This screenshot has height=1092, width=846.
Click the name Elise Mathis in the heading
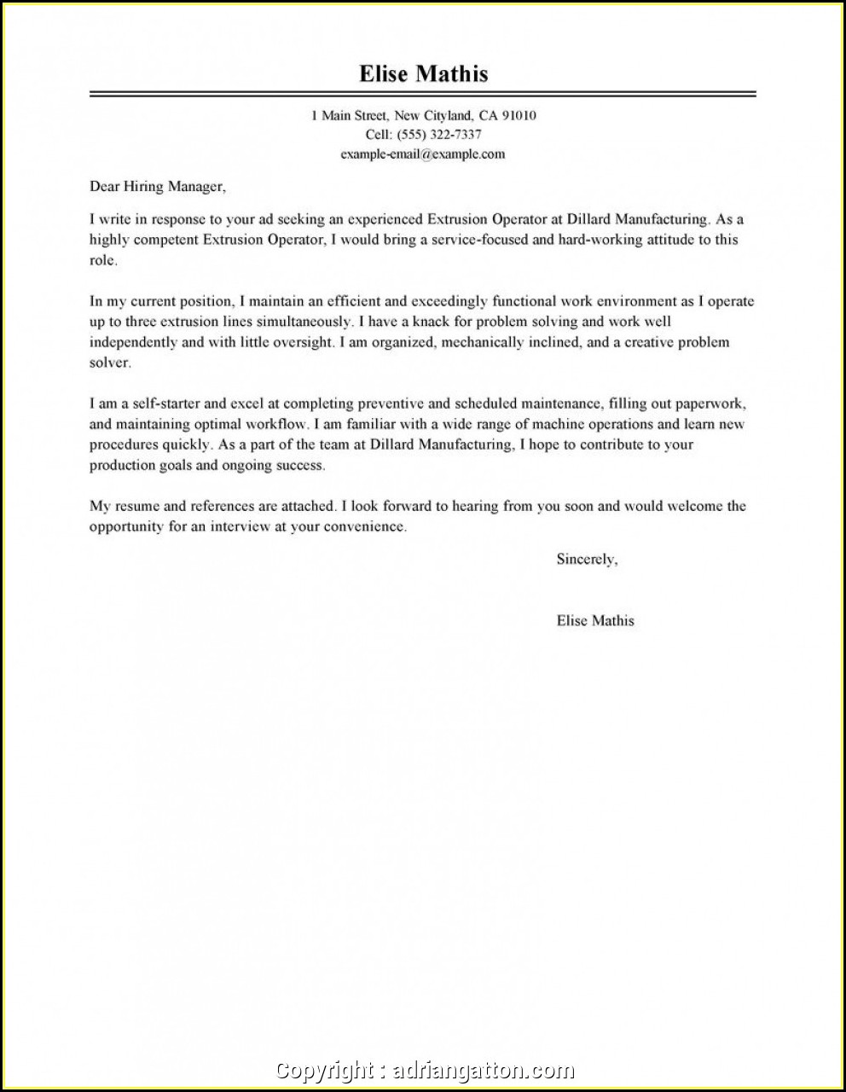(x=423, y=73)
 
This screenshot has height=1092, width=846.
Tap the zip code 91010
(x=519, y=115)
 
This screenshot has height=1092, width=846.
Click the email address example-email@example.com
(x=423, y=154)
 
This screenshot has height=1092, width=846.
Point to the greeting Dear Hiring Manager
(x=158, y=186)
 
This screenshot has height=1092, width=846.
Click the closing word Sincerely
(x=586, y=560)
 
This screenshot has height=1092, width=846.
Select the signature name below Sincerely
(x=595, y=621)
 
